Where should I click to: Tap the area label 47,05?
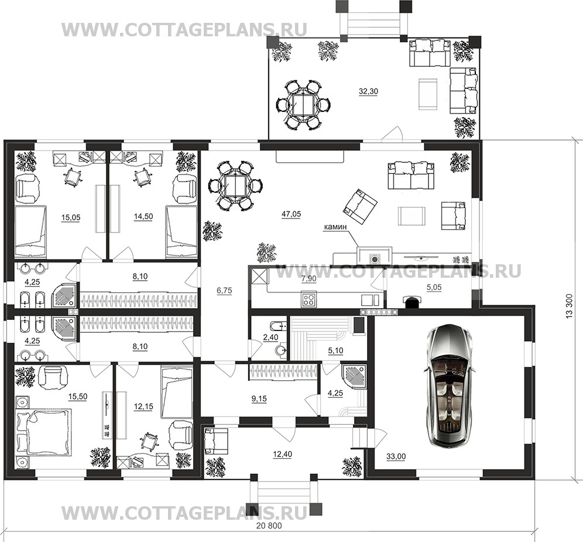(x=291, y=214)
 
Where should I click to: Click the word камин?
(x=335, y=227)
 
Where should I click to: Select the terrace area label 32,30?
(x=368, y=91)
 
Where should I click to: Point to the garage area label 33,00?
(x=396, y=456)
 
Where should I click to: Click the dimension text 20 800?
(x=269, y=526)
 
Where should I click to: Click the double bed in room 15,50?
(x=44, y=431)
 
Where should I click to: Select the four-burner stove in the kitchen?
(x=308, y=301)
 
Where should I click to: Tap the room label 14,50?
(x=143, y=217)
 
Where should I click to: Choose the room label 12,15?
(x=143, y=407)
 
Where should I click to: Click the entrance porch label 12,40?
(x=283, y=455)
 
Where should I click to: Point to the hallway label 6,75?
(x=224, y=291)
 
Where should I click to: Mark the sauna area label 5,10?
(x=336, y=350)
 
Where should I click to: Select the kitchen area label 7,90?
(x=309, y=279)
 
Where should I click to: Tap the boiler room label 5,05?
(x=434, y=287)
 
